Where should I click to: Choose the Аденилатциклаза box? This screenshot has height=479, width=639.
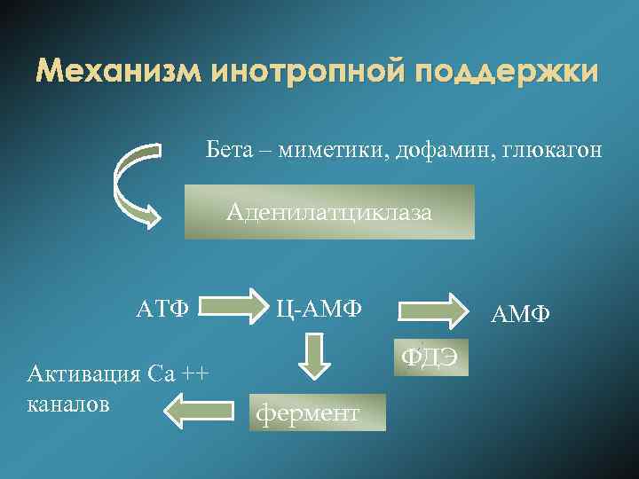pos(329,212)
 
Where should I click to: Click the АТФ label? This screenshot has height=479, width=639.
pos(162,310)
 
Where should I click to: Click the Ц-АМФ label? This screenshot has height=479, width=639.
pos(319,310)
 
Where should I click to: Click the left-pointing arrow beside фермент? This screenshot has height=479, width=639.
pos(197,410)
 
